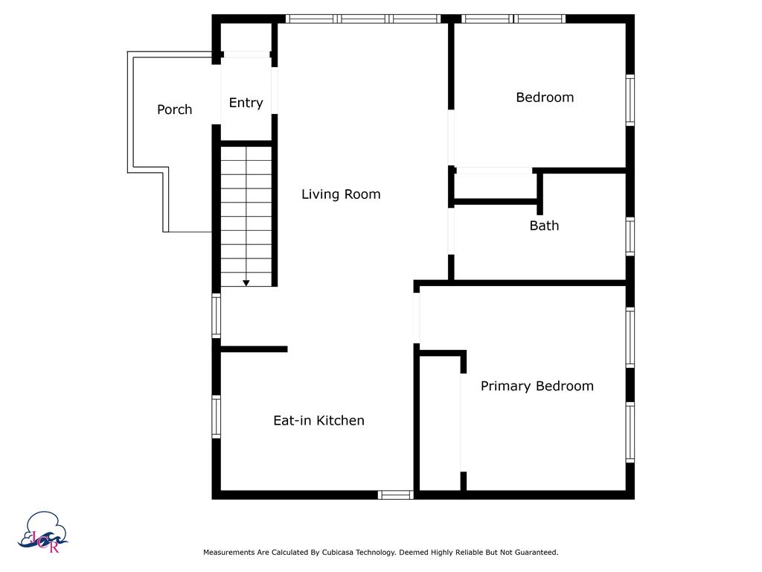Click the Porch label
click(174, 109)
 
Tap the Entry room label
click(246, 103)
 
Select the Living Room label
click(341, 194)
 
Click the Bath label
click(544, 226)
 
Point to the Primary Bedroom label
click(537, 386)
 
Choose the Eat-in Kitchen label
click(318, 421)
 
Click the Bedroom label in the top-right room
click(545, 98)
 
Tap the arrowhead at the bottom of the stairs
click(246, 283)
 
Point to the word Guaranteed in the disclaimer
click(534, 553)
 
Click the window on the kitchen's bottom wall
click(395, 495)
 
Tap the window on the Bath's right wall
click(630, 237)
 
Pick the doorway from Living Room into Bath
click(451, 230)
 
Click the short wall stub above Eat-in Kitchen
click(254, 349)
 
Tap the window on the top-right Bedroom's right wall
click(630, 100)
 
